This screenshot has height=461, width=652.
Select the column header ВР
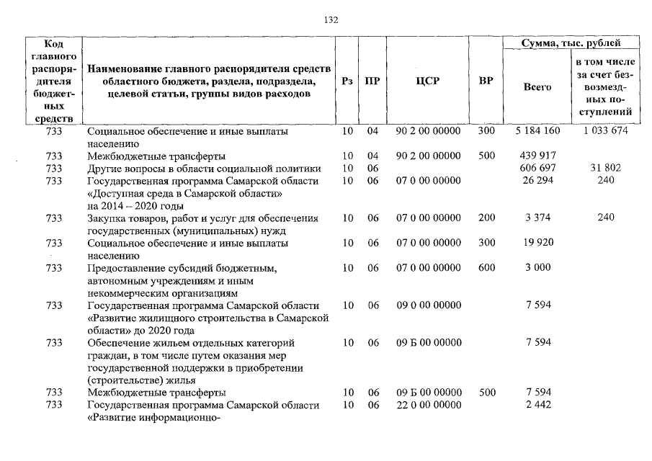pos(486,81)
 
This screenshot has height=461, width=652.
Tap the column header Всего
pos(537,87)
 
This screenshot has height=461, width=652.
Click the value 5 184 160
pos(537,132)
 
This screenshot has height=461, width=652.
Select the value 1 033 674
pos(604,132)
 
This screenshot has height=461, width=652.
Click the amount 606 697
pos(537,168)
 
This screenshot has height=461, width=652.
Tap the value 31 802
pos(604,168)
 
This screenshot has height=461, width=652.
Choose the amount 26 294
pos(537,180)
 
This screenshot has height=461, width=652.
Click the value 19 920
pos(537,243)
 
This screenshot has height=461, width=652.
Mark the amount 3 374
pos(537,218)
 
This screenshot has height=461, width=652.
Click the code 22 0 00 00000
pos(428,406)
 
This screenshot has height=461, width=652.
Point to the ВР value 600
pos(486,267)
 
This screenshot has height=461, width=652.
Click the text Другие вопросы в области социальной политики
pos(204,168)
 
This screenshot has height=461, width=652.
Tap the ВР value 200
pos(486,218)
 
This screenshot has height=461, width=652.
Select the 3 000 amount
pos(537,267)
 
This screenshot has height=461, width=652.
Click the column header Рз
pos(347,81)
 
